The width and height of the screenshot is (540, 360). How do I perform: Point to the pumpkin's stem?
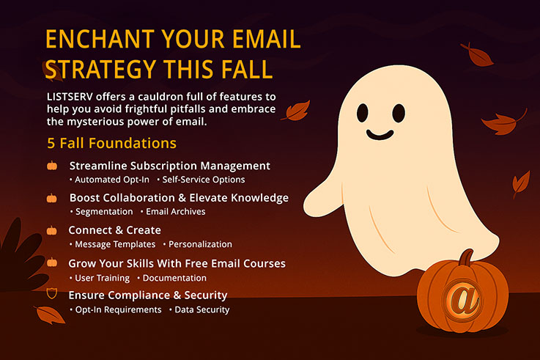(465, 258)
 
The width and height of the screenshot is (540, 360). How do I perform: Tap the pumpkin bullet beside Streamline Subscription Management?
(52, 166)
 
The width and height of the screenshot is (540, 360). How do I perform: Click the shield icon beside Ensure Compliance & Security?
(52, 295)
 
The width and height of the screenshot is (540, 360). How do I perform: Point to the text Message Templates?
(115, 244)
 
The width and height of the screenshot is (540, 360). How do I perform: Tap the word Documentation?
(174, 278)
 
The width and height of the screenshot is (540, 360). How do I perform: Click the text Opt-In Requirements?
(118, 310)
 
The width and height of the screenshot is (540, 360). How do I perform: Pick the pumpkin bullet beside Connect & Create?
(52, 230)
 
